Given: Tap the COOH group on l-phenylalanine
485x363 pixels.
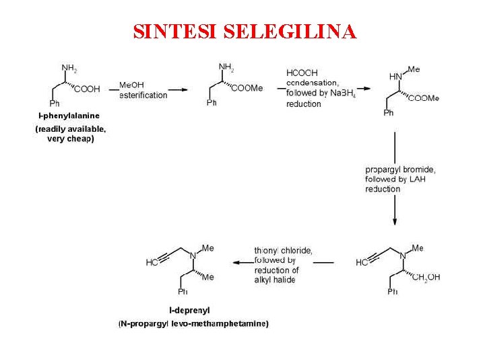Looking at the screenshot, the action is [x=88, y=89].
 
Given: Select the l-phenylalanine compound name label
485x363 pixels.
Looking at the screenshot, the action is [x=69, y=116].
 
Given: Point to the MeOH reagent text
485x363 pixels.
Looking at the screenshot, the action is [x=131, y=85].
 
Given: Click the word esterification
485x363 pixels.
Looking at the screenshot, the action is [x=143, y=95].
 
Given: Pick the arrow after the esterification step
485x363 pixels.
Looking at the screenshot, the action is [x=178, y=89].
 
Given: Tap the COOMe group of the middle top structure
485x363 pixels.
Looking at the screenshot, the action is [x=247, y=88].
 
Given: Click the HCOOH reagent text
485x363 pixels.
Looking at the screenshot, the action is [x=302, y=73].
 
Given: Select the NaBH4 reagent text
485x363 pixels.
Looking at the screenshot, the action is [x=342, y=93].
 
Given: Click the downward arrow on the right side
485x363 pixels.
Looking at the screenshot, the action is [x=395, y=178].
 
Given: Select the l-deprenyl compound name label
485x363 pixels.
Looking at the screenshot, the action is [x=189, y=310].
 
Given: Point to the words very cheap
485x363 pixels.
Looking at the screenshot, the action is [x=71, y=139].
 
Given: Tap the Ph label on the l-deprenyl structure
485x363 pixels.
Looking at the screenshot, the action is [x=183, y=291].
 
